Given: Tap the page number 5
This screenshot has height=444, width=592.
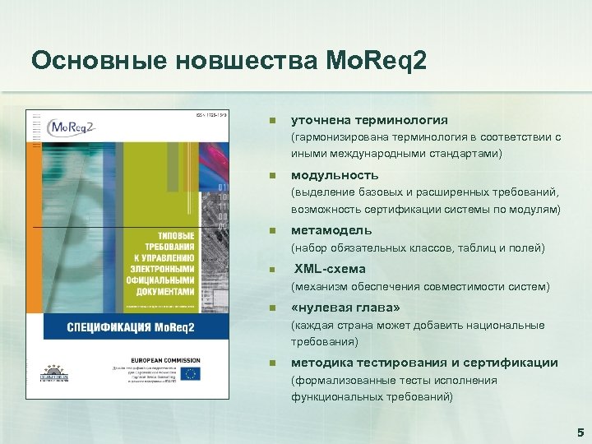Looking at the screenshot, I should [580, 431].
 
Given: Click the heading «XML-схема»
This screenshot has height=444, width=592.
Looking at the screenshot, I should [330, 269].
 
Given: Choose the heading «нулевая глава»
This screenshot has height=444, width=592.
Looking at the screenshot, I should [345, 308].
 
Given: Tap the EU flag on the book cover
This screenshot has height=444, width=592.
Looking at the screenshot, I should [192, 373].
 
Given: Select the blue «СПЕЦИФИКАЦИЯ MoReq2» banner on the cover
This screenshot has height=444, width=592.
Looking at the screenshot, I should [119, 329].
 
